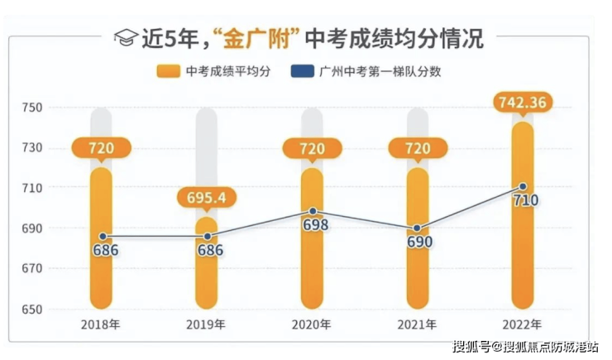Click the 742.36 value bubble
tap(523, 103)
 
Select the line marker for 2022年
tap(523, 187)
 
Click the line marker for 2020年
tap(312, 212)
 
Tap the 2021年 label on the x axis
tap(418, 324)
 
